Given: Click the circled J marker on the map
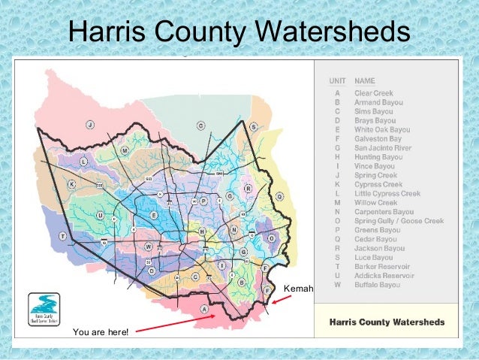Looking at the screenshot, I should [x=89, y=124].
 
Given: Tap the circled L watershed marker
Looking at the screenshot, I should [x=83, y=162].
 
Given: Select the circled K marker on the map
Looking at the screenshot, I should [x=71, y=184].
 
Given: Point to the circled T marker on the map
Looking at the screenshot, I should [x=64, y=236].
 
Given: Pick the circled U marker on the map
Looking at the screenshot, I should [x=100, y=215].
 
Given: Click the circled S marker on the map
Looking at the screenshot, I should [x=254, y=128].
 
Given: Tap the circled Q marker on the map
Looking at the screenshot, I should [x=279, y=196].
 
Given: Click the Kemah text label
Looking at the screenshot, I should [x=299, y=289].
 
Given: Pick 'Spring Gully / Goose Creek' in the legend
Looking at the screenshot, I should [x=399, y=221].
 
